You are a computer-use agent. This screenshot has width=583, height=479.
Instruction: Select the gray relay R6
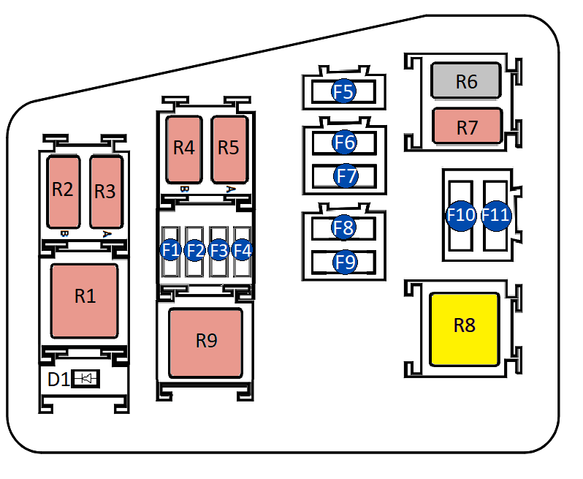click(466, 81)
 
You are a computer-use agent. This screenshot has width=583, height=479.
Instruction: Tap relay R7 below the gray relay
click(467, 126)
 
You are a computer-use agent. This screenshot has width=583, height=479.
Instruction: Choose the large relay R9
click(205, 342)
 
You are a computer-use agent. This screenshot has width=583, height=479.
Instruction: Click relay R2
click(64, 191)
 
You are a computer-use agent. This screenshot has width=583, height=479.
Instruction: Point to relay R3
click(105, 192)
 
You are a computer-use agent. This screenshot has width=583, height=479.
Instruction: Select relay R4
click(184, 148)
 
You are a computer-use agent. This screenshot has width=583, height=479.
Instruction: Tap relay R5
click(229, 148)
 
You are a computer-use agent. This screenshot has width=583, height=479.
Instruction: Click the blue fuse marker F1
click(171, 250)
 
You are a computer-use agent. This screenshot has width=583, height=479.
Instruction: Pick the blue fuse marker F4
click(242, 250)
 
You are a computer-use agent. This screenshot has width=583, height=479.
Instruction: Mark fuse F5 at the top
click(343, 92)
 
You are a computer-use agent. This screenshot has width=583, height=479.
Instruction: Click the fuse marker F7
click(345, 176)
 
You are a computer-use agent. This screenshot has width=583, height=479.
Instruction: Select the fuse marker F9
click(344, 261)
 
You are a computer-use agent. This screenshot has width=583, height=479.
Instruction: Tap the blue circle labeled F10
click(461, 216)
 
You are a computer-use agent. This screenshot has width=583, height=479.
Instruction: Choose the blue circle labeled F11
click(495, 216)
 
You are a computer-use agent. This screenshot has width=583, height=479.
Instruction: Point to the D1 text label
click(58, 380)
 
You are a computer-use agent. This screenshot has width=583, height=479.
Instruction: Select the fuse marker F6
click(344, 142)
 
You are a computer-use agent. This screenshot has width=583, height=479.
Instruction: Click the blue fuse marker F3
click(218, 250)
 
